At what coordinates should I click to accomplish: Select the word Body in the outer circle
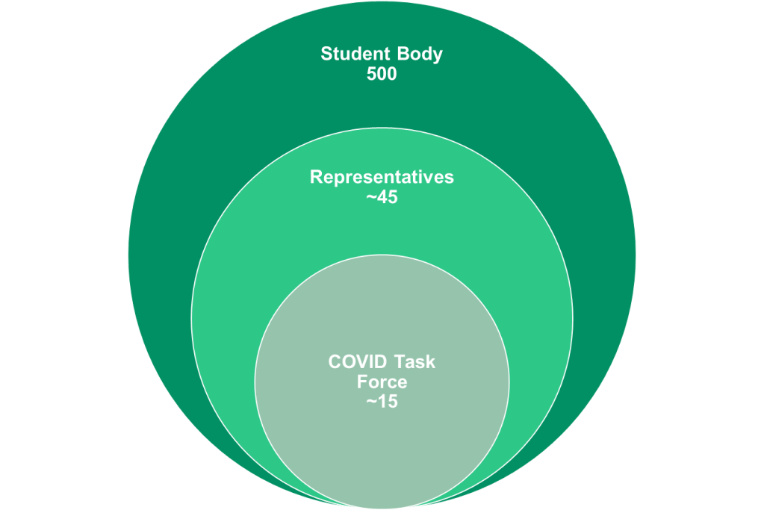click(422, 55)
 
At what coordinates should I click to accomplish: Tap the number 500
click(382, 75)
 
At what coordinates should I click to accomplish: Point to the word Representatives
click(382, 178)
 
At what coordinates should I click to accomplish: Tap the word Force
click(382, 382)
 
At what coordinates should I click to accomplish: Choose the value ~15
click(382, 402)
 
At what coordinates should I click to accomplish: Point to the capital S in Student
click(326, 55)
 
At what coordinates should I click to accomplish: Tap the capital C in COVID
click(334, 363)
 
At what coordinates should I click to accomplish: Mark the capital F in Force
click(361, 382)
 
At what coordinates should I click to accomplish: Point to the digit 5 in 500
click(371, 75)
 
